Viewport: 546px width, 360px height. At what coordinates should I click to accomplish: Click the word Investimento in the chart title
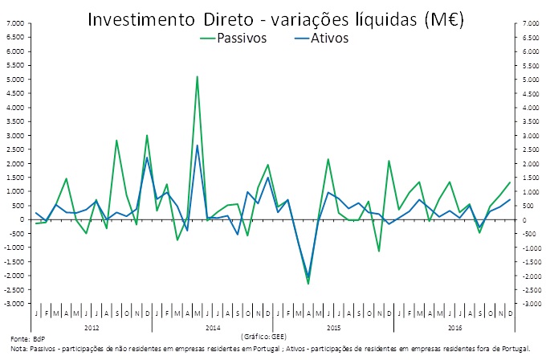coord(136,18)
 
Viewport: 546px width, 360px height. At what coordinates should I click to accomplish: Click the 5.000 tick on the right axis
coord(531,80)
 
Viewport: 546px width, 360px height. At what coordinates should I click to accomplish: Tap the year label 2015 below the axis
coord(333,327)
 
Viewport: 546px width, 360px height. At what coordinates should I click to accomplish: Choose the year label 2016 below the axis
coord(454,327)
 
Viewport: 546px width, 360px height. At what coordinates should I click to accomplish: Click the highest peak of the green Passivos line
coord(198,76)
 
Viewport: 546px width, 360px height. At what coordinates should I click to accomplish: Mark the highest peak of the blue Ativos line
coord(198,145)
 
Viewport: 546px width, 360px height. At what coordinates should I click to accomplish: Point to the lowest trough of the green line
coord(308,284)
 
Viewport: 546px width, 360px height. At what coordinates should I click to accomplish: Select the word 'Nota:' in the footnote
coord(19,348)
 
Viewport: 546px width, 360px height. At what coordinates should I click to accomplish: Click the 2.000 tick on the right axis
coord(531,164)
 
